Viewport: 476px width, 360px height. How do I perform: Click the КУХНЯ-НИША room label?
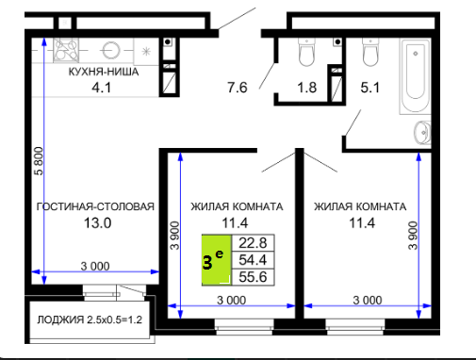(x=104, y=72)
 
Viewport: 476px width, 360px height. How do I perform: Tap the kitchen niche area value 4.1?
(x=101, y=88)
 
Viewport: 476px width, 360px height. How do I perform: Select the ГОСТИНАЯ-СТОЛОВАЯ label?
(x=95, y=206)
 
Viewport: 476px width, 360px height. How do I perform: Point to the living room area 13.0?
(x=97, y=223)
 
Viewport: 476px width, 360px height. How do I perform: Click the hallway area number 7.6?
(x=238, y=88)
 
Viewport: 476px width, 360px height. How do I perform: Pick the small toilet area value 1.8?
(x=306, y=88)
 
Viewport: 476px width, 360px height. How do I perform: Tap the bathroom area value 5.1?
(x=369, y=88)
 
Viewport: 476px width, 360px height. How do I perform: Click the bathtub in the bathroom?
(x=415, y=75)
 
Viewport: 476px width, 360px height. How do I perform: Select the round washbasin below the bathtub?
(x=422, y=133)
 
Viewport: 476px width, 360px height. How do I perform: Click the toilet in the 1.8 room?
(x=306, y=52)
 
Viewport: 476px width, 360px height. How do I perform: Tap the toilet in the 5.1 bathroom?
(x=370, y=52)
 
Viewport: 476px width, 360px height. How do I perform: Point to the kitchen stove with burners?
(x=66, y=50)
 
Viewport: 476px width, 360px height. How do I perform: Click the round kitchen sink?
(x=110, y=50)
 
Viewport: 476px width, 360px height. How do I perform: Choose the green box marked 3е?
(x=217, y=260)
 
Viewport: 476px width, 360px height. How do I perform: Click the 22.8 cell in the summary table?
(x=253, y=243)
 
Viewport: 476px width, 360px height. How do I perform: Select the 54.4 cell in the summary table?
(x=253, y=260)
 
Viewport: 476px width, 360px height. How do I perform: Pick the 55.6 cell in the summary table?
(x=253, y=277)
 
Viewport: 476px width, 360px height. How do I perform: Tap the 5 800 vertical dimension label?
(x=39, y=161)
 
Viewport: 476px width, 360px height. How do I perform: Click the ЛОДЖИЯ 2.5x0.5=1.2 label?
(x=90, y=319)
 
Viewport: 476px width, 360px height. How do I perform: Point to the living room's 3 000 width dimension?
(x=95, y=267)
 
